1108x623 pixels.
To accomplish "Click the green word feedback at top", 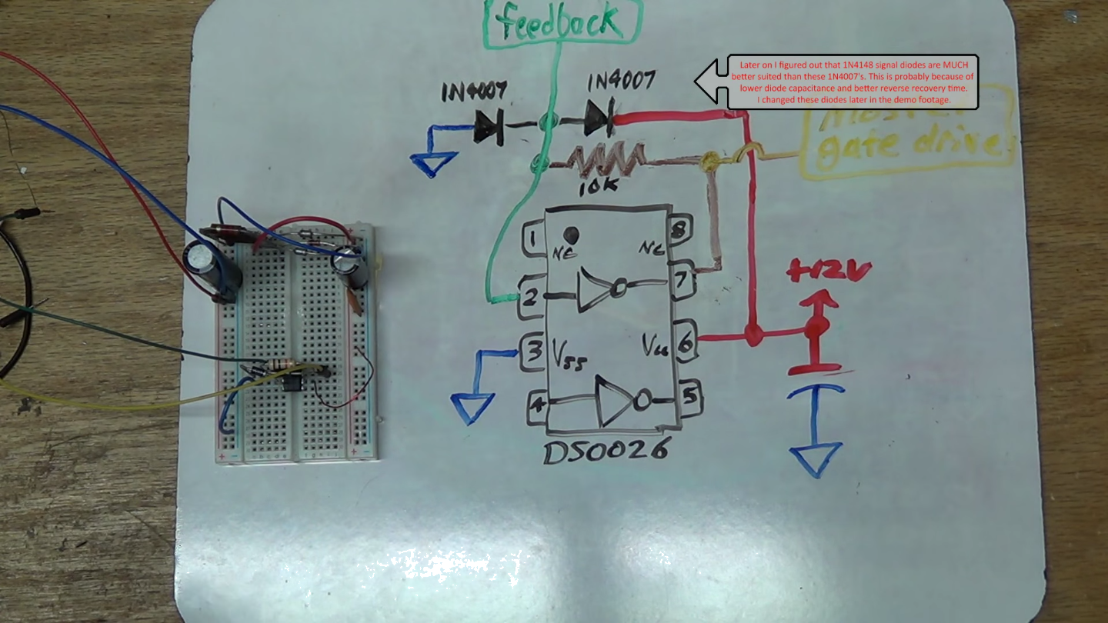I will pyautogui.click(x=561, y=22).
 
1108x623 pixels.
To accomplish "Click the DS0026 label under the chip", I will pyautogui.click(x=605, y=450).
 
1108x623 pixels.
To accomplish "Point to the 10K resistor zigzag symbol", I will pyautogui.click(x=606, y=160).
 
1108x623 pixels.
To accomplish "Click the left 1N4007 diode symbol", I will pyautogui.click(x=489, y=125).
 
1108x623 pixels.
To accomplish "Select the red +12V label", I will pyautogui.click(x=828, y=270).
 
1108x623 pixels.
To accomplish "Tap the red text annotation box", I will pyautogui.click(x=853, y=82).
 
